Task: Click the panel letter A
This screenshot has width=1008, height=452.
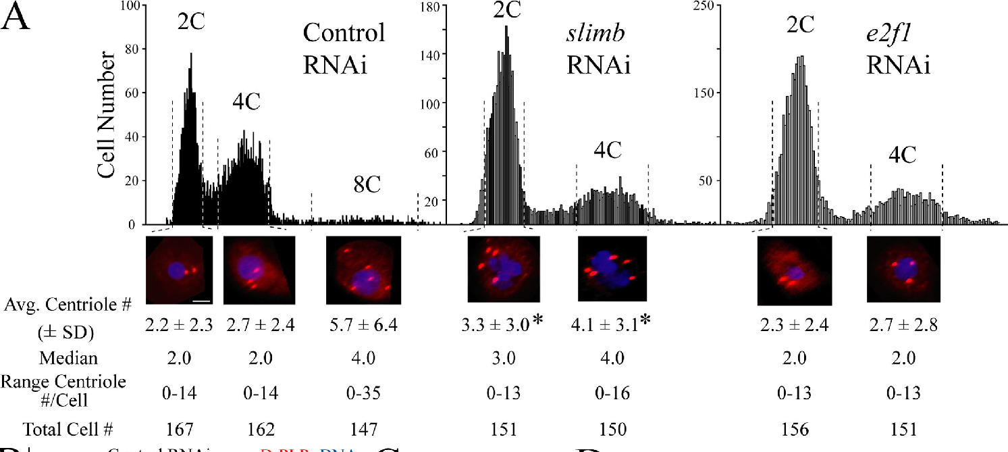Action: (x=17, y=18)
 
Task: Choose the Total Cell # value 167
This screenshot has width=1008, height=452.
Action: (x=179, y=428)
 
